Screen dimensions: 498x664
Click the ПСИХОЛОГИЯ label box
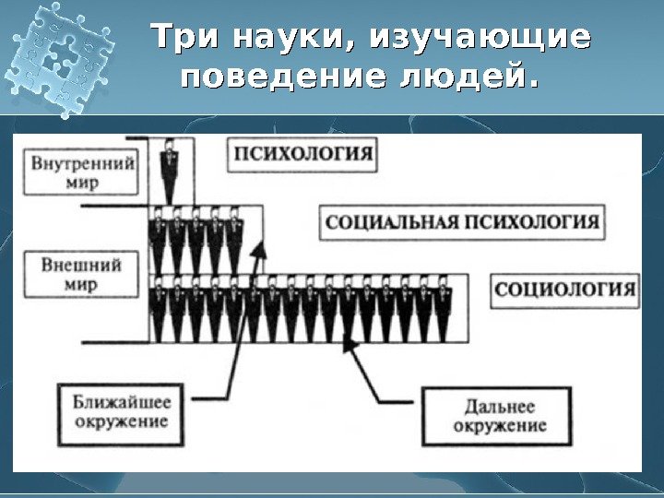coord(302,154)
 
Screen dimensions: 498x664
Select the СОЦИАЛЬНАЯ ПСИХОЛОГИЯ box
coord(462,222)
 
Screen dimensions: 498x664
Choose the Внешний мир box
coord(81,275)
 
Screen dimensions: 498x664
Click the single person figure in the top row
coord(170,170)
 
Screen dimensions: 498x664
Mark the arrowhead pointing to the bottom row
coord(350,342)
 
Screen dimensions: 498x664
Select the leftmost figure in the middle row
coord(158,240)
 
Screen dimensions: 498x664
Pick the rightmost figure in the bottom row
coord(445,309)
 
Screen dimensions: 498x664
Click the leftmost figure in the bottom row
coord(158,309)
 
